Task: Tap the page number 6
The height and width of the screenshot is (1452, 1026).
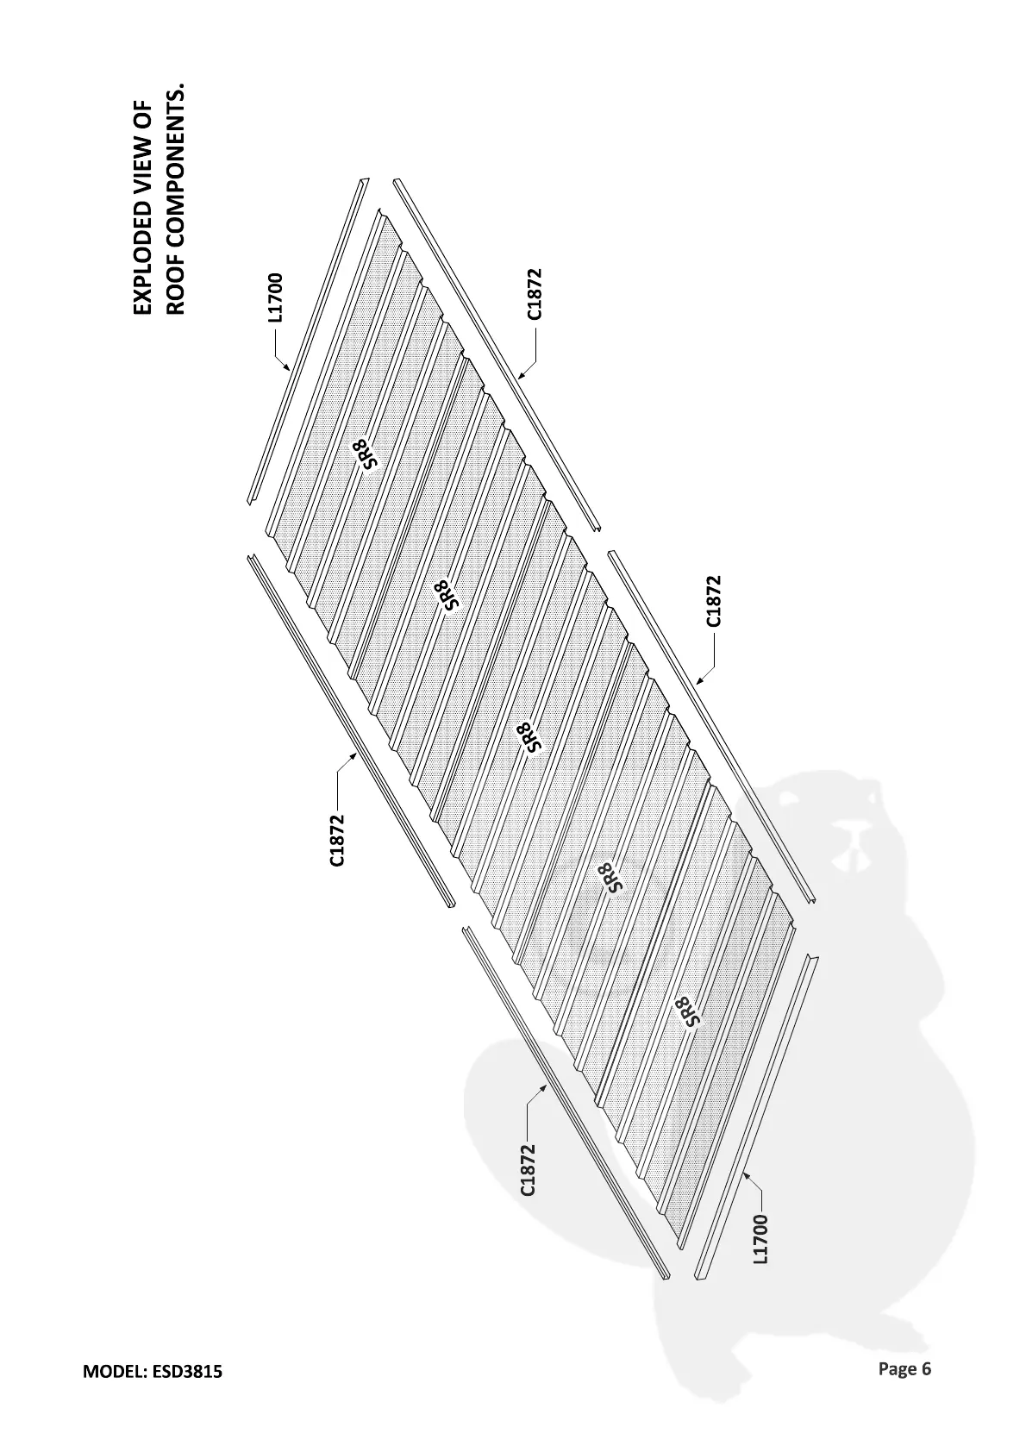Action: pos(926,1368)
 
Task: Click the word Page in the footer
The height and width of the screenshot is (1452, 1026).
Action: pos(898,1368)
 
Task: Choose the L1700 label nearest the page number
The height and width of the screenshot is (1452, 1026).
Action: pos(760,1239)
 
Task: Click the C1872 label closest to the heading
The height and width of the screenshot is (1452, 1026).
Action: pos(535,294)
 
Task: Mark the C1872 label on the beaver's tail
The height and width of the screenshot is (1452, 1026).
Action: pos(528,1170)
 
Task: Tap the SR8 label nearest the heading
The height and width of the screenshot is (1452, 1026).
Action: pos(366,453)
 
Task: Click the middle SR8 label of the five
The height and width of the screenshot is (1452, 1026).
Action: pos(529,738)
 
